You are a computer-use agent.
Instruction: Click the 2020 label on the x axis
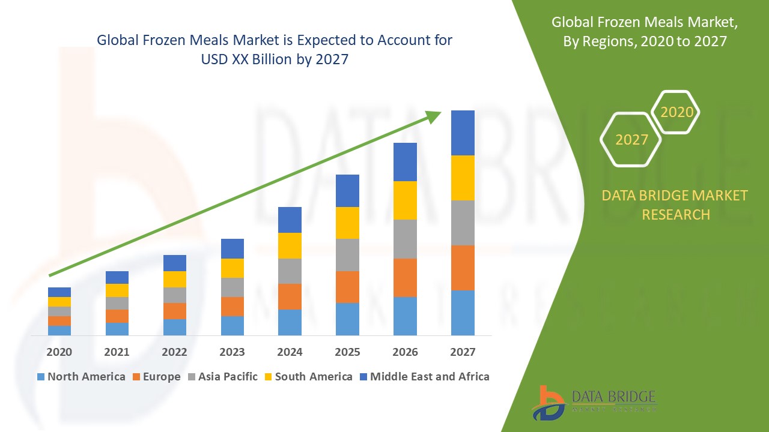[59, 352]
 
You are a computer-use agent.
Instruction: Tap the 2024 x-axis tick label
[290, 352]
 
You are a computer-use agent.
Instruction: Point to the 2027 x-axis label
[463, 352]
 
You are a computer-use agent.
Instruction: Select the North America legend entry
[81, 377]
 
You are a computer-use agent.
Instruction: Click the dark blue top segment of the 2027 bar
[463, 133]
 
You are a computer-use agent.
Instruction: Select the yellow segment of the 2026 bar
[405, 200]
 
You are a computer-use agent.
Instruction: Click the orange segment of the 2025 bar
[347, 287]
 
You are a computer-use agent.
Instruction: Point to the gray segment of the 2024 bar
[290, 271]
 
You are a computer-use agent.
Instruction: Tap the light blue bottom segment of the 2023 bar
[232, 325]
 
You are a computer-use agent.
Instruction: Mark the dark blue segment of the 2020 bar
[59, 292]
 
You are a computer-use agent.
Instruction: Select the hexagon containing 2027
[631, 139]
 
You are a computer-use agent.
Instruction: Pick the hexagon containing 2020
[676, 112]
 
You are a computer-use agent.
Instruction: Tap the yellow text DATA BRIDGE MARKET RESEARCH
[675, 205]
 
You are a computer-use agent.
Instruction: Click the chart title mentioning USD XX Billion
[274, 50]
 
